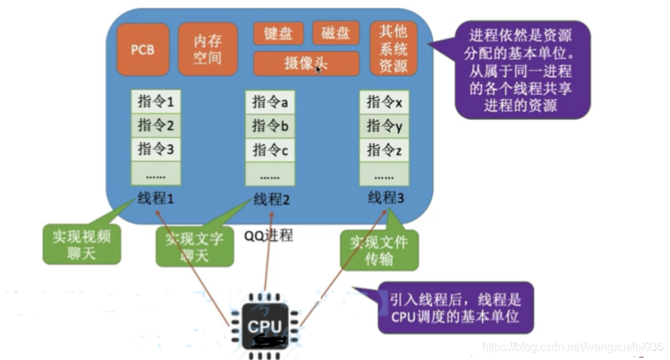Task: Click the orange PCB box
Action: tap(143, 50)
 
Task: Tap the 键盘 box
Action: tap(278, 34)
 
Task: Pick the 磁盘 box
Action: tap(336, 34)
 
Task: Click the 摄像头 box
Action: tap(306, 64)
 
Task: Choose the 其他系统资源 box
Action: tap(394, 49)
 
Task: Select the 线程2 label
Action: tap(269, 199)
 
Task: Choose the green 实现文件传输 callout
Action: tap(379, 251)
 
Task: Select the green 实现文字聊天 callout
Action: tap(194, 247)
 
